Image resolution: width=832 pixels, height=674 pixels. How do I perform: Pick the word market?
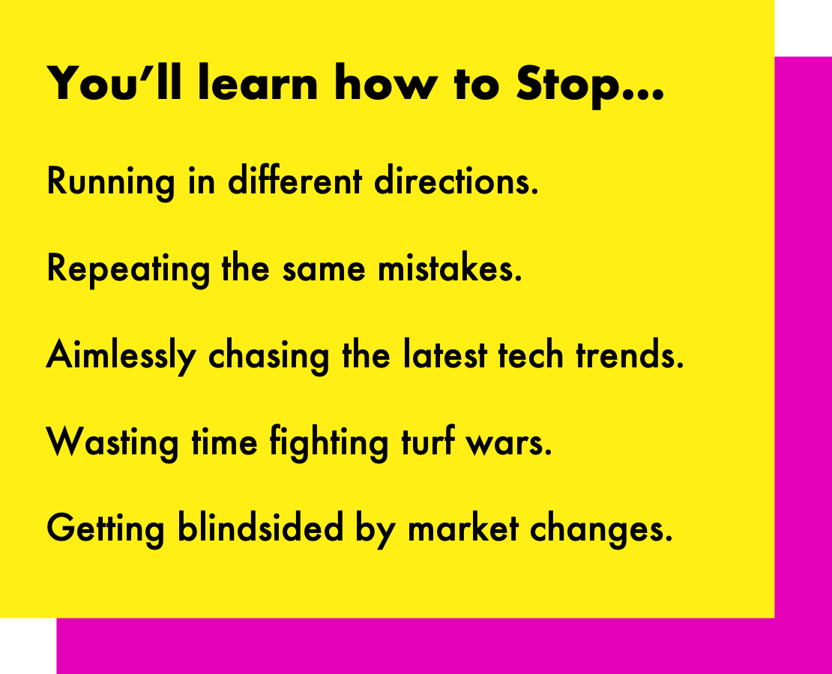(x=463, y=529)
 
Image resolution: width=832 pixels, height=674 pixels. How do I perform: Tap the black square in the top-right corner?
(x=803, y=28)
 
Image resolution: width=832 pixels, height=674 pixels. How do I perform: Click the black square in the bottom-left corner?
(x=28, y=646)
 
